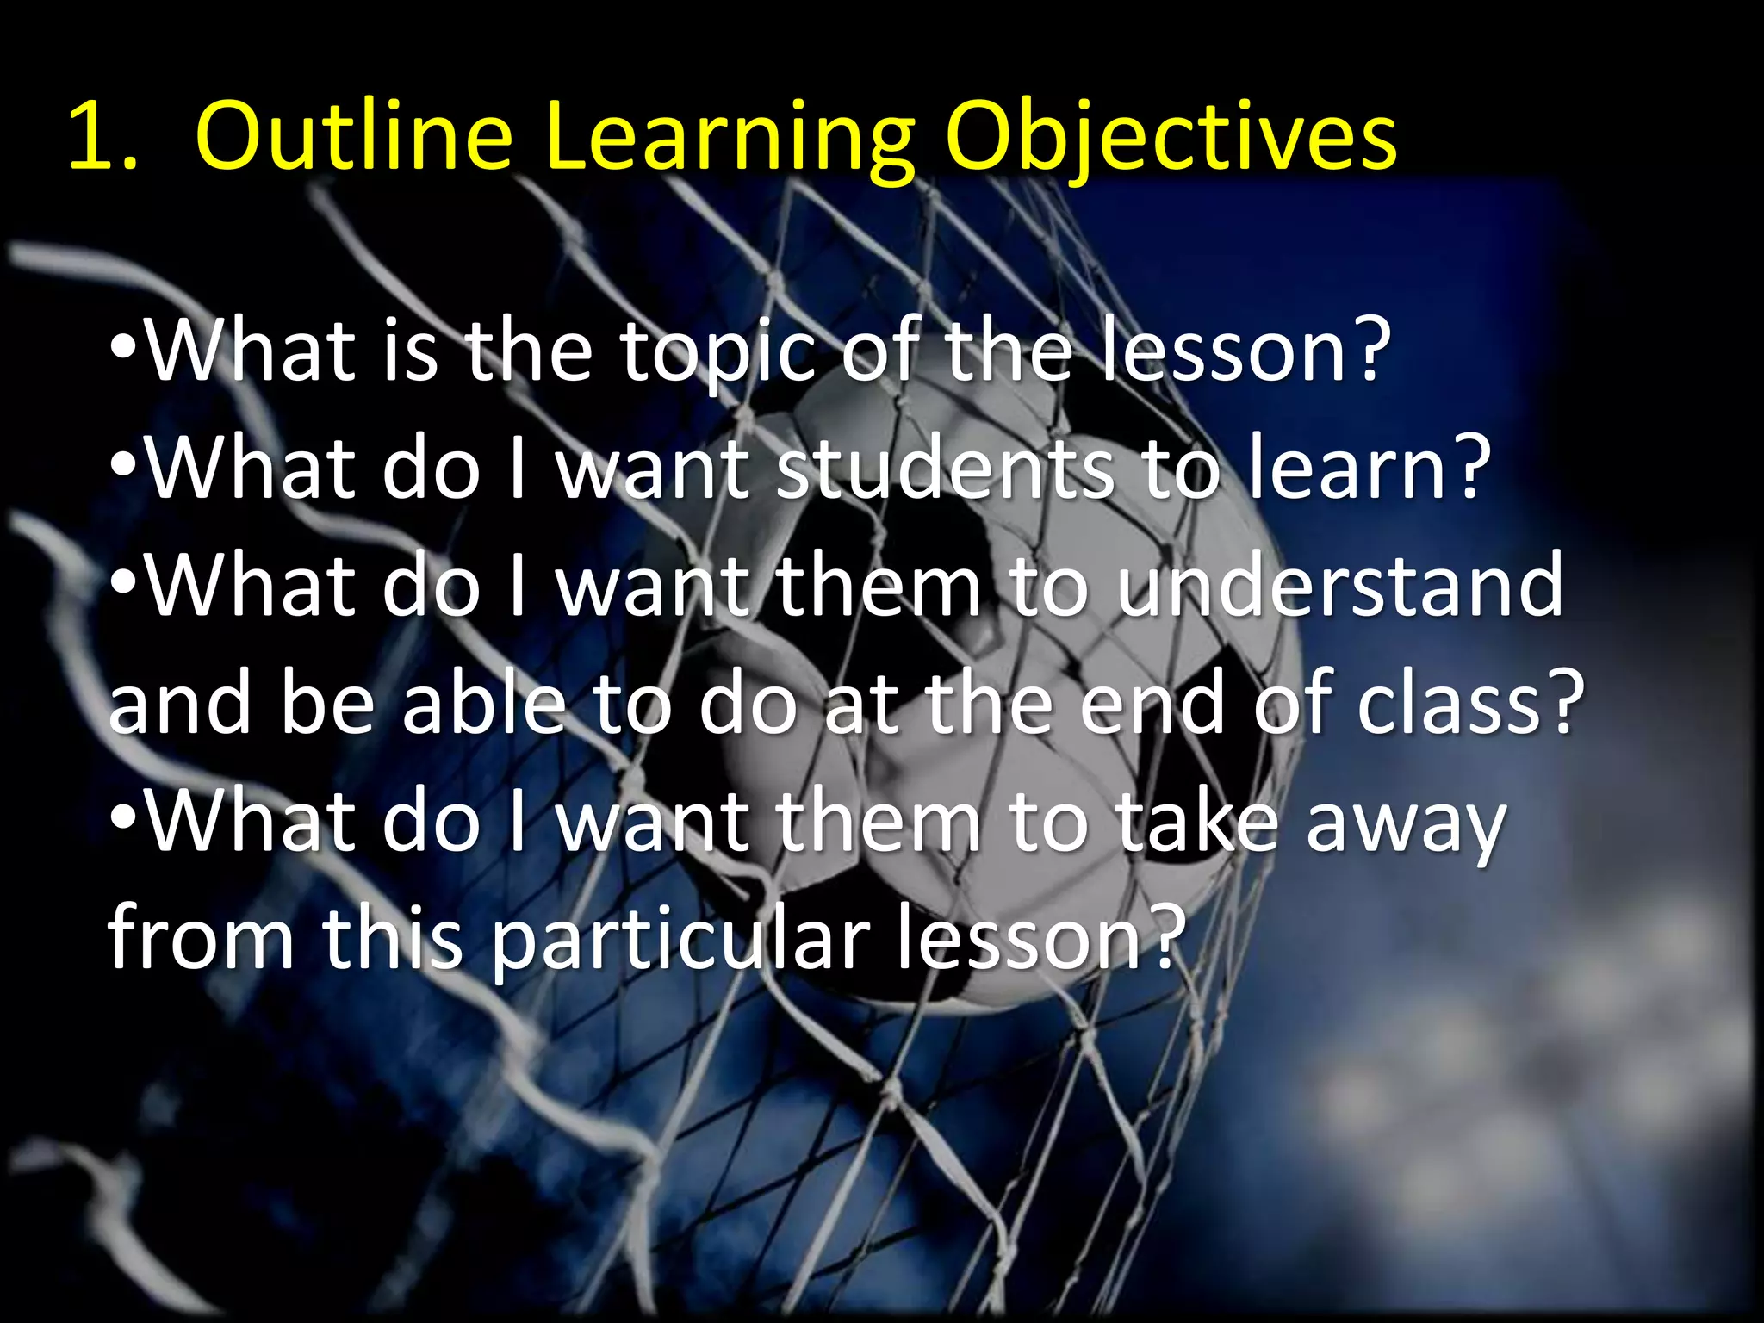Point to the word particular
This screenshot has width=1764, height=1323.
point(681,941)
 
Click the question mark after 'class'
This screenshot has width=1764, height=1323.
point(1564,702)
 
